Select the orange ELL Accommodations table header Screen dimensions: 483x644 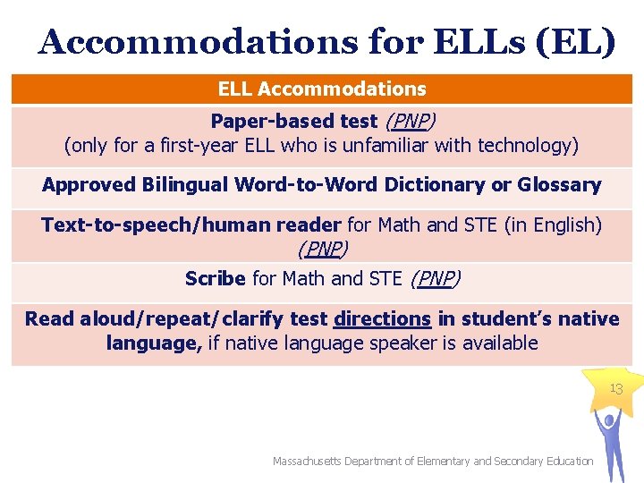(322, 89)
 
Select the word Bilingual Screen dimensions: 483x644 (185, 185)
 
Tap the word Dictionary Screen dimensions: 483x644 (420, 185)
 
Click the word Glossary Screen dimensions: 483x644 (565, 185)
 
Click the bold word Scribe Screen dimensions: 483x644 (216, 278)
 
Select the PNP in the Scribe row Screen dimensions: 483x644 (434, 278)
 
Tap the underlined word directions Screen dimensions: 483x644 (382, 318)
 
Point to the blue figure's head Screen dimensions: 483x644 (609, 418)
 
